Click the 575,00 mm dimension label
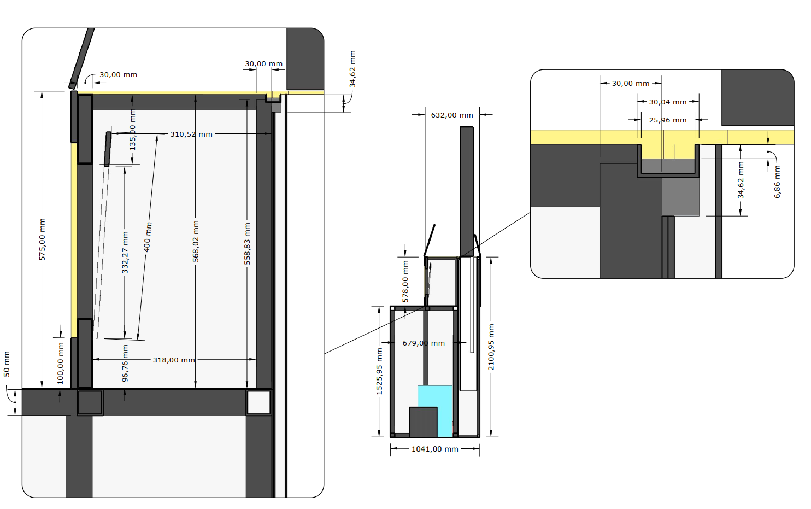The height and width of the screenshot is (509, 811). pyautogui.click(x=43, y=239)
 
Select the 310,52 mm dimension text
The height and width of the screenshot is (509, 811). pyautogui.click(x=191, y=134)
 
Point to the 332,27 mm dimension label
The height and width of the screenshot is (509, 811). pyautogui.click(x=125, y=253)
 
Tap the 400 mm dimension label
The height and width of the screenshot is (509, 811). pyautogui.click(x=148, y=237)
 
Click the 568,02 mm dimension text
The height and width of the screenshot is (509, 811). pyautogui.click(x=196, y=241)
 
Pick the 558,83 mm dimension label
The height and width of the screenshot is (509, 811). pyautogui.click(x=247, y=243)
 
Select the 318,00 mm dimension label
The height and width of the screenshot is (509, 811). pyautogui.click(x=174, y=360)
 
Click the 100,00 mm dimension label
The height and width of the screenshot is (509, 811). pyautogui.click(x=61, y=364)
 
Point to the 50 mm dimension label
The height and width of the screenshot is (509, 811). pyautogui.click(x=7, y=364)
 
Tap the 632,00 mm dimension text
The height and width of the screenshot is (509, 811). pyautogui.click(x=452, y=115)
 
